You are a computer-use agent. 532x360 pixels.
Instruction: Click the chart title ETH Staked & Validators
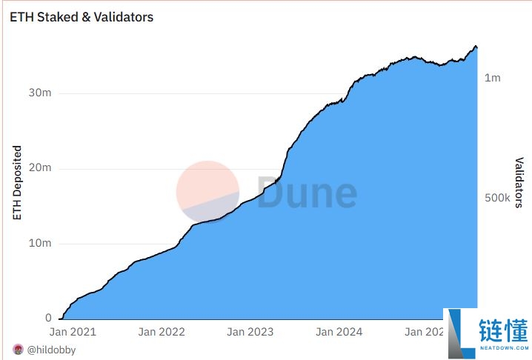pyautogui.click(x=82, y=16)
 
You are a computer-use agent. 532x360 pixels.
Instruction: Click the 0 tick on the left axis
pyautogui.click(x=47, y=319)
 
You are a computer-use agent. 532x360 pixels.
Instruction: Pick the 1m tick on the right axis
pyautogui.click(x=493, y=78)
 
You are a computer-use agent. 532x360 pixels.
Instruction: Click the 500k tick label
pyautogui.click(x=497, y=199)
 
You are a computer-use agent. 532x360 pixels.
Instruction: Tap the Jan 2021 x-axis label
pyautogui.click(x=73, y=332)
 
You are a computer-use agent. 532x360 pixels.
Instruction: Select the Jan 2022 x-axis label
pyautogui.click(x=162, y=332)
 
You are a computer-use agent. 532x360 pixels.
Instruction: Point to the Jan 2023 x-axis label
pyautogui.click(x=250, y=332)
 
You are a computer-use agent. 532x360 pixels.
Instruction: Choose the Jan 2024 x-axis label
pyautogui.click(x=339, y=332)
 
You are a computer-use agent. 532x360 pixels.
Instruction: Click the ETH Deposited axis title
pyautogui.click(x=17, y=183)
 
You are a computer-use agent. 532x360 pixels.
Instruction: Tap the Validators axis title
pyautogui.click(x=519, y=182)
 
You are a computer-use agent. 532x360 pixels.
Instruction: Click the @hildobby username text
pyautogui.click(x=51, y=350)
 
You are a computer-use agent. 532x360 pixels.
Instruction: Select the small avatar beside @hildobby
pyautogui.click(x=18, y=350)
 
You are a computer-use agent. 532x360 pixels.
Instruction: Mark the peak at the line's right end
pyautogui.click(x=476, y=46)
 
